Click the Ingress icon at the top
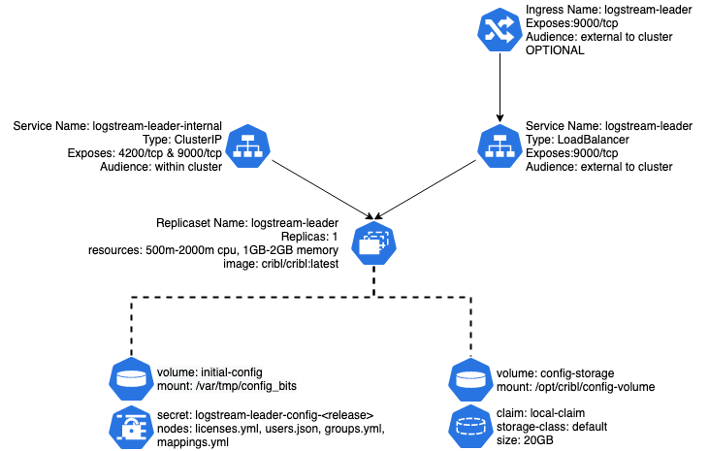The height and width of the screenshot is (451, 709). coord(499,30)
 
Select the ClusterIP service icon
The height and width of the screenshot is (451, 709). coord(249,145)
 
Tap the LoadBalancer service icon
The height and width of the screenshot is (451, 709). coord(499,145)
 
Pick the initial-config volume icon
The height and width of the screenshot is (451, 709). coord(131,377)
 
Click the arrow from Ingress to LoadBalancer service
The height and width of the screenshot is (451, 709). coord(499,86)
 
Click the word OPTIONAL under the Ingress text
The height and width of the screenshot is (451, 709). coord(555,50)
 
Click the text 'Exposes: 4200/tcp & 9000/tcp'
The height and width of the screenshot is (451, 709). coord(145,153)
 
